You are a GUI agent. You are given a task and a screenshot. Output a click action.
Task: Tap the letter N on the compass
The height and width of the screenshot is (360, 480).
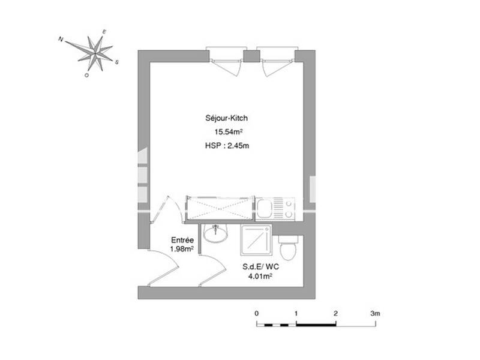coord(61,39)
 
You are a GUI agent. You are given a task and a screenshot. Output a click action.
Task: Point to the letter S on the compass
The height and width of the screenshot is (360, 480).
coord(117,61)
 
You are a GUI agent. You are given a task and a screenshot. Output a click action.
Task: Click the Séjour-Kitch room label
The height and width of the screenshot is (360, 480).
coord(223,119)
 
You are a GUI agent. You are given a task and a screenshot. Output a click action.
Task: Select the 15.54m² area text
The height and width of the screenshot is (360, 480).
coord(223,133)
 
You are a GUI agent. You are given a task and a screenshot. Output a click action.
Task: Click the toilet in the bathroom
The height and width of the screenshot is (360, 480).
coord(288,247)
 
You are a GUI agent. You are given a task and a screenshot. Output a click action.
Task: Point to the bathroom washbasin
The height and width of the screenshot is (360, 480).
coord(215,233)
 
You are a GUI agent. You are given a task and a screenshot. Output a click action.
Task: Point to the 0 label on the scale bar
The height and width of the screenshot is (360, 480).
coord(257,313)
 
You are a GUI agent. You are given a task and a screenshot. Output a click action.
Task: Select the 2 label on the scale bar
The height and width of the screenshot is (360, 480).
coord(336,313)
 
